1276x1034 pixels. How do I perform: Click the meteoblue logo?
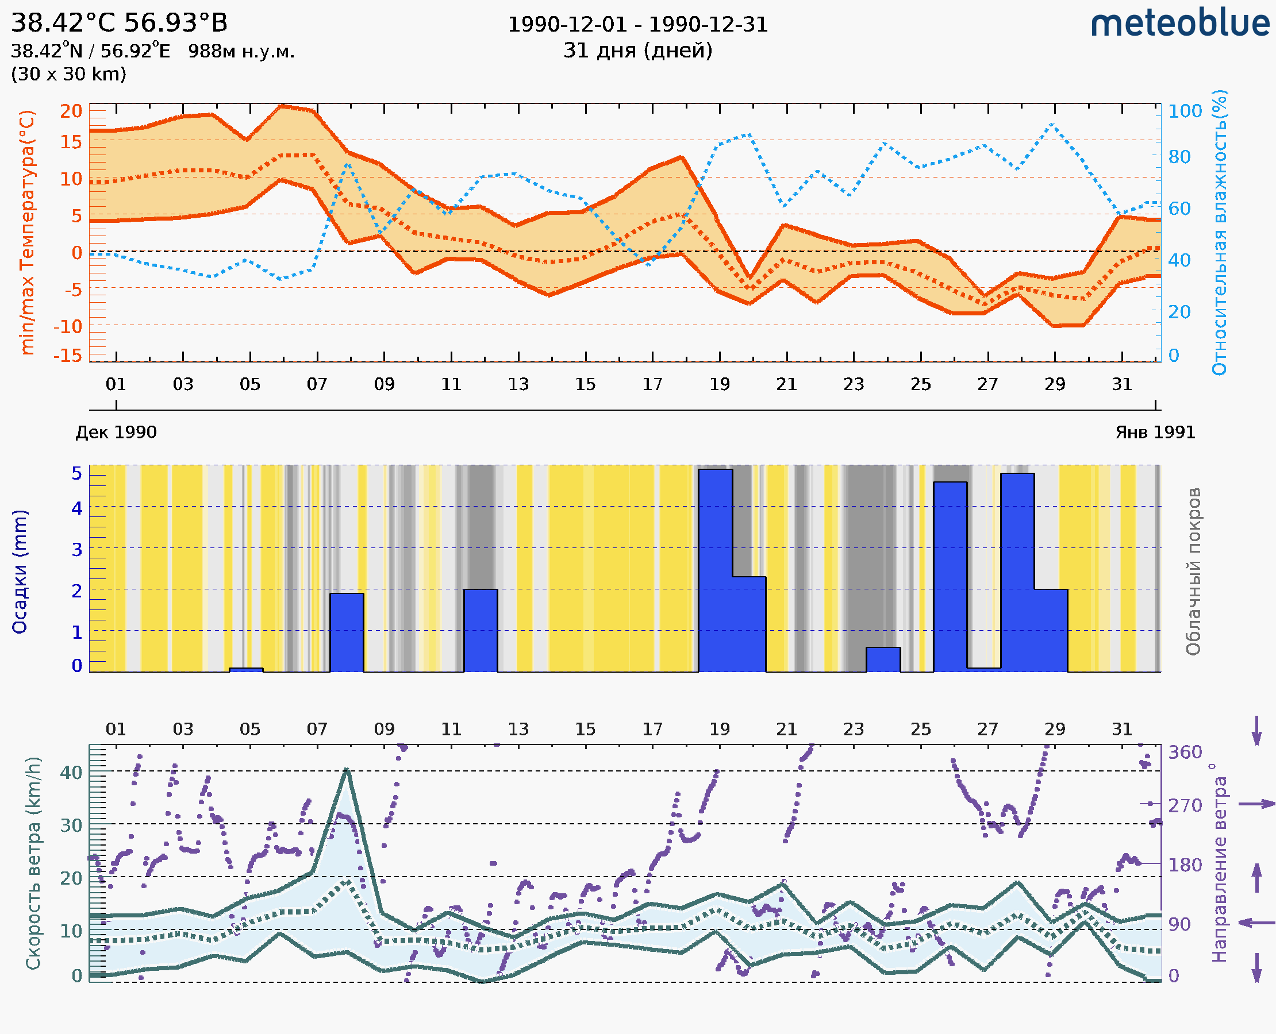click(1179, 24)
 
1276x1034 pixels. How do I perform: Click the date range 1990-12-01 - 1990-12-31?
click(637, 25)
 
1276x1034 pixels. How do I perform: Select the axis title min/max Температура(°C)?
click(27, 232)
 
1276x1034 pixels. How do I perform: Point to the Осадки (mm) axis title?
click(20, 572)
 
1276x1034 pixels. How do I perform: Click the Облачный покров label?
click(1193, 572)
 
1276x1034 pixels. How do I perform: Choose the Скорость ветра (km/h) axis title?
click(33, 863)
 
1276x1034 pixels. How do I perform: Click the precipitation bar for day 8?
click(346, 632)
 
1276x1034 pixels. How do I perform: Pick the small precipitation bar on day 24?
click(883, 659)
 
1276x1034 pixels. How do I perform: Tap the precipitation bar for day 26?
click(950, 576)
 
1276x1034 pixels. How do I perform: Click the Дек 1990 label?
click(116, 433)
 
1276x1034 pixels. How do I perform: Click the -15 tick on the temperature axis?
click(67, 356)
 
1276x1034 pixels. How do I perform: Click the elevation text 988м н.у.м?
click(241, 52)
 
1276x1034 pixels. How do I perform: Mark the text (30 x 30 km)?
click(68, 75)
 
